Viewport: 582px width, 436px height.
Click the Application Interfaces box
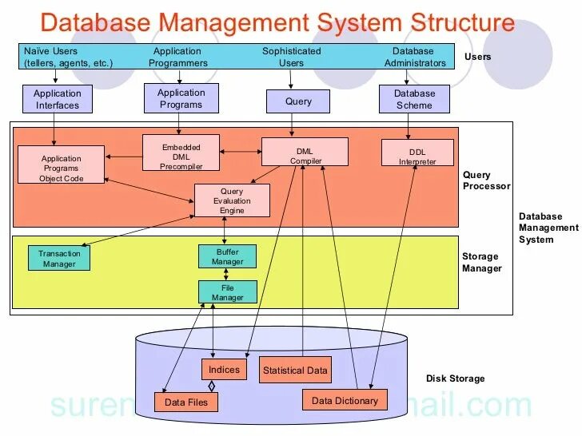[x=57, y=99]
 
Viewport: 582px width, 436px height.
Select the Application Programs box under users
[x=181, y=98]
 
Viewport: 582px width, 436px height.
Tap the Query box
[x=298, y=101]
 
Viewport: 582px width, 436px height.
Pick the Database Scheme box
[x=414, y=99]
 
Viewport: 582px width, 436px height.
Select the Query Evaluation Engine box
[x=232, y=200]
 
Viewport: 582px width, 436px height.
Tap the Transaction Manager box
[x=59, y=258]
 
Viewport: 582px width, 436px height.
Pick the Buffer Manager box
[x=227, y=256]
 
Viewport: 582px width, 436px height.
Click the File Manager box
[x=227, y=292]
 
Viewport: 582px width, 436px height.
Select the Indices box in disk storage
[x=224, y=370]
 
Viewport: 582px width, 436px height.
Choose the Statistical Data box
[x=295, y=370]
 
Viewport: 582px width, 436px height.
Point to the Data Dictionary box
[x=345, y=400]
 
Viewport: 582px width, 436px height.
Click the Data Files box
[x=185, y=402]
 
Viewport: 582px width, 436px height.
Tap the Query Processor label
[x=486, y=180]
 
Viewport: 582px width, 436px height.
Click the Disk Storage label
[x=455, y=379]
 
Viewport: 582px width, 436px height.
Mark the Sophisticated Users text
[x=291, y=57]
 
